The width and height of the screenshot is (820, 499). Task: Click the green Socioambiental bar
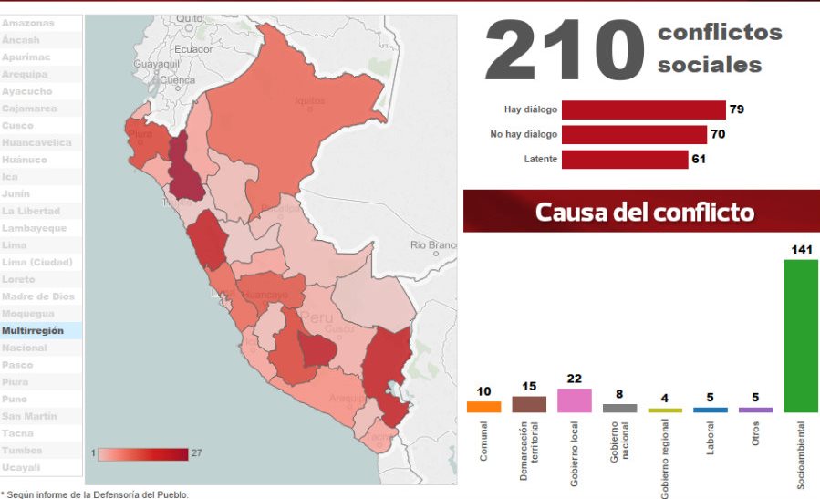tap(801, 336)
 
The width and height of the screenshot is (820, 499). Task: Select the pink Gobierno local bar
tap(575, 400)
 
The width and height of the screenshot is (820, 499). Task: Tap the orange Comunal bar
tap(483, 407)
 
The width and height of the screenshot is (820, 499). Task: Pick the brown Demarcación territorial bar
tap(529, 404)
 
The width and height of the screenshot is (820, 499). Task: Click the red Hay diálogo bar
tap(643, 109)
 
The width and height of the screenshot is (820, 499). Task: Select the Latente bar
tap(625, 160)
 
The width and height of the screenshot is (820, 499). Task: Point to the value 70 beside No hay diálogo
tap(717, 135)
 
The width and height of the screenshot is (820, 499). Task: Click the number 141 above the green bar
tap(803, 249)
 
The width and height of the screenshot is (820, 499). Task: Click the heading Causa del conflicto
tap(644, 213)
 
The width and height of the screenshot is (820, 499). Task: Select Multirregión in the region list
tap(34, 331)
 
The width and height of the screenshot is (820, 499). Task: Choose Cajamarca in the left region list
tap(29, 109)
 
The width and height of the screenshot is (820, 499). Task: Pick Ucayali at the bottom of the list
tap(22, 467)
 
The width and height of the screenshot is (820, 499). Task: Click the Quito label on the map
tap(190, 17)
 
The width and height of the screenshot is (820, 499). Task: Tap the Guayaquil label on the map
tap(157, 65)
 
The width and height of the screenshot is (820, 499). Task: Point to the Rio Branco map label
tap(432, 244)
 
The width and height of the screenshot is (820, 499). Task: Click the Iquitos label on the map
tap(311, 100)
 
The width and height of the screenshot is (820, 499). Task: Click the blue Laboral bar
tap(711, 410)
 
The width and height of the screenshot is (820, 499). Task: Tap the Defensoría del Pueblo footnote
tap(96, 494)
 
